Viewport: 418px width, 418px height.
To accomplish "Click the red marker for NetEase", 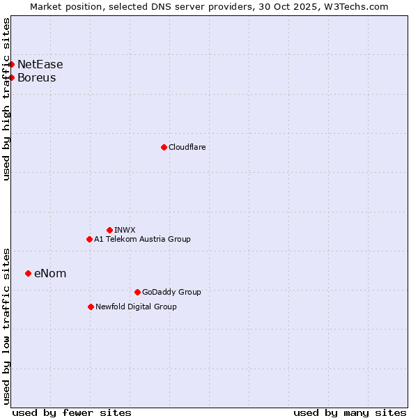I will [11, 65].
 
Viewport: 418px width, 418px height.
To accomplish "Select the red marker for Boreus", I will [11, 77].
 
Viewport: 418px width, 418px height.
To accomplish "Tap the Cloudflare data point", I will [164, 147].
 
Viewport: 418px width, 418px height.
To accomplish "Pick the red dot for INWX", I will [109, 230].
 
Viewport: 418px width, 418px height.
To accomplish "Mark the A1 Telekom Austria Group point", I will [89, 239].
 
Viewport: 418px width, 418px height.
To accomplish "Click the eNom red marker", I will [28, 273].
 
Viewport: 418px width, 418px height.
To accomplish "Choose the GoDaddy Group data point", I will [137, 292].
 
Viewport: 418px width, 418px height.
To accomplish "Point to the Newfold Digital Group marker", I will [91, 307].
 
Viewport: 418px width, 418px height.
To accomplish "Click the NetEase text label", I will [40, 65].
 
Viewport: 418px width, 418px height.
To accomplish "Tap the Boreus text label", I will [37, 77].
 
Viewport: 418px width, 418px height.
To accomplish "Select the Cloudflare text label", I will [187, 147].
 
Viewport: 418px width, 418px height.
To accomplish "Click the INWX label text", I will [125, 230].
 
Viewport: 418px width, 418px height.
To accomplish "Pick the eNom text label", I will [50, 273].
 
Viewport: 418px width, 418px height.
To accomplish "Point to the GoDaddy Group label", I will [171, 292].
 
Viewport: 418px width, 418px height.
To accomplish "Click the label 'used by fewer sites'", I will [72, 412].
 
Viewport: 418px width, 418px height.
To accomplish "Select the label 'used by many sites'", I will [350, 412].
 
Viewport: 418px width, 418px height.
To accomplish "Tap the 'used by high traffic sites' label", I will [7, 100].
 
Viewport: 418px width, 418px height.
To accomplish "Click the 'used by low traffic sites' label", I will [7, 325].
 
